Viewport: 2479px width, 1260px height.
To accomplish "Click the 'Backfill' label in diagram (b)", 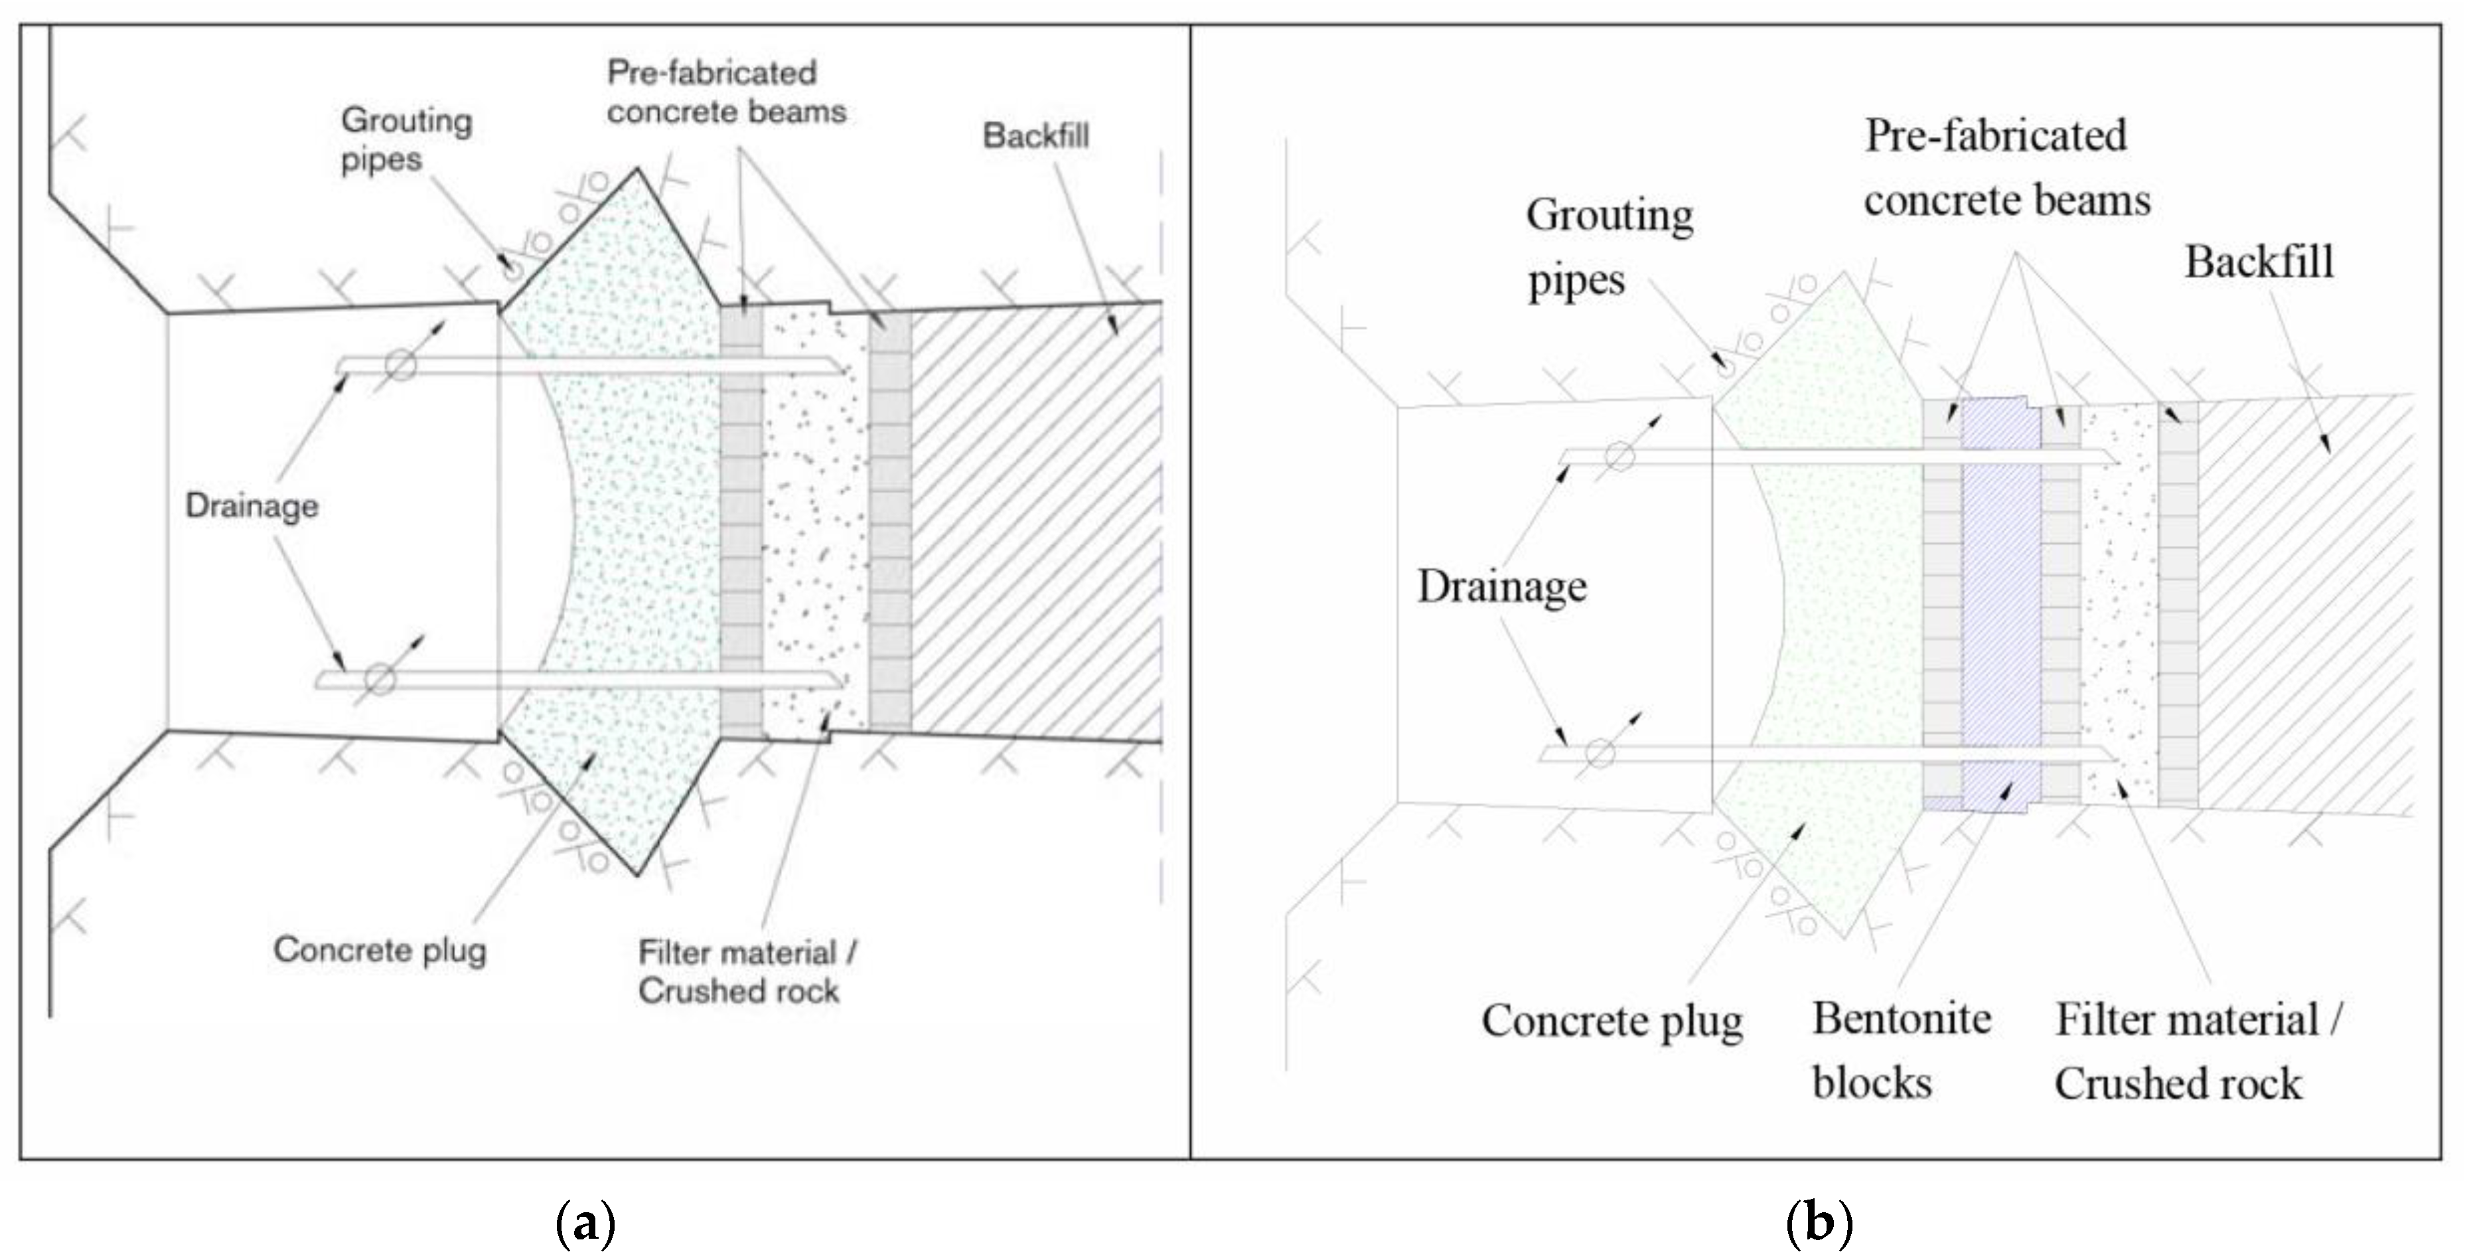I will coord(2259,262).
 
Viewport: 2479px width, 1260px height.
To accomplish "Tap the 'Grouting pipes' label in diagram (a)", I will coord(405,139).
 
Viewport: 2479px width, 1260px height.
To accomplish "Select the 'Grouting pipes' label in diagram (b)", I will coord(1608,248).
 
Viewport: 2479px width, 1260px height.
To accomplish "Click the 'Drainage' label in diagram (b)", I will coord(1501,586).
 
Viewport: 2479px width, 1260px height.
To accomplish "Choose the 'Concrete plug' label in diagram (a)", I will coord(379,950).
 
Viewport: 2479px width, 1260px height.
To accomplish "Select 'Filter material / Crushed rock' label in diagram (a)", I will coord(747,971).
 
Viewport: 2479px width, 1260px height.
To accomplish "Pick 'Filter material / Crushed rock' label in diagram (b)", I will coord(2198,1051).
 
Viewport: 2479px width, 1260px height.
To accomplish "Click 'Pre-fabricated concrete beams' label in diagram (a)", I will coord(725,92).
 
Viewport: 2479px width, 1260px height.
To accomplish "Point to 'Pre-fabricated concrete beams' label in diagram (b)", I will coord(2006,169).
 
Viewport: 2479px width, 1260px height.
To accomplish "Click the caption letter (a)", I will coord(585,1223).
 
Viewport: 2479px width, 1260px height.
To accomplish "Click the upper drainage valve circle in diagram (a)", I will coord(400,366).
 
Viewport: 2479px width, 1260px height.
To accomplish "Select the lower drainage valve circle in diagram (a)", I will coord(380,680).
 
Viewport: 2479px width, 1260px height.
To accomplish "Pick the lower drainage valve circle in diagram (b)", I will coord(1600,753).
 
